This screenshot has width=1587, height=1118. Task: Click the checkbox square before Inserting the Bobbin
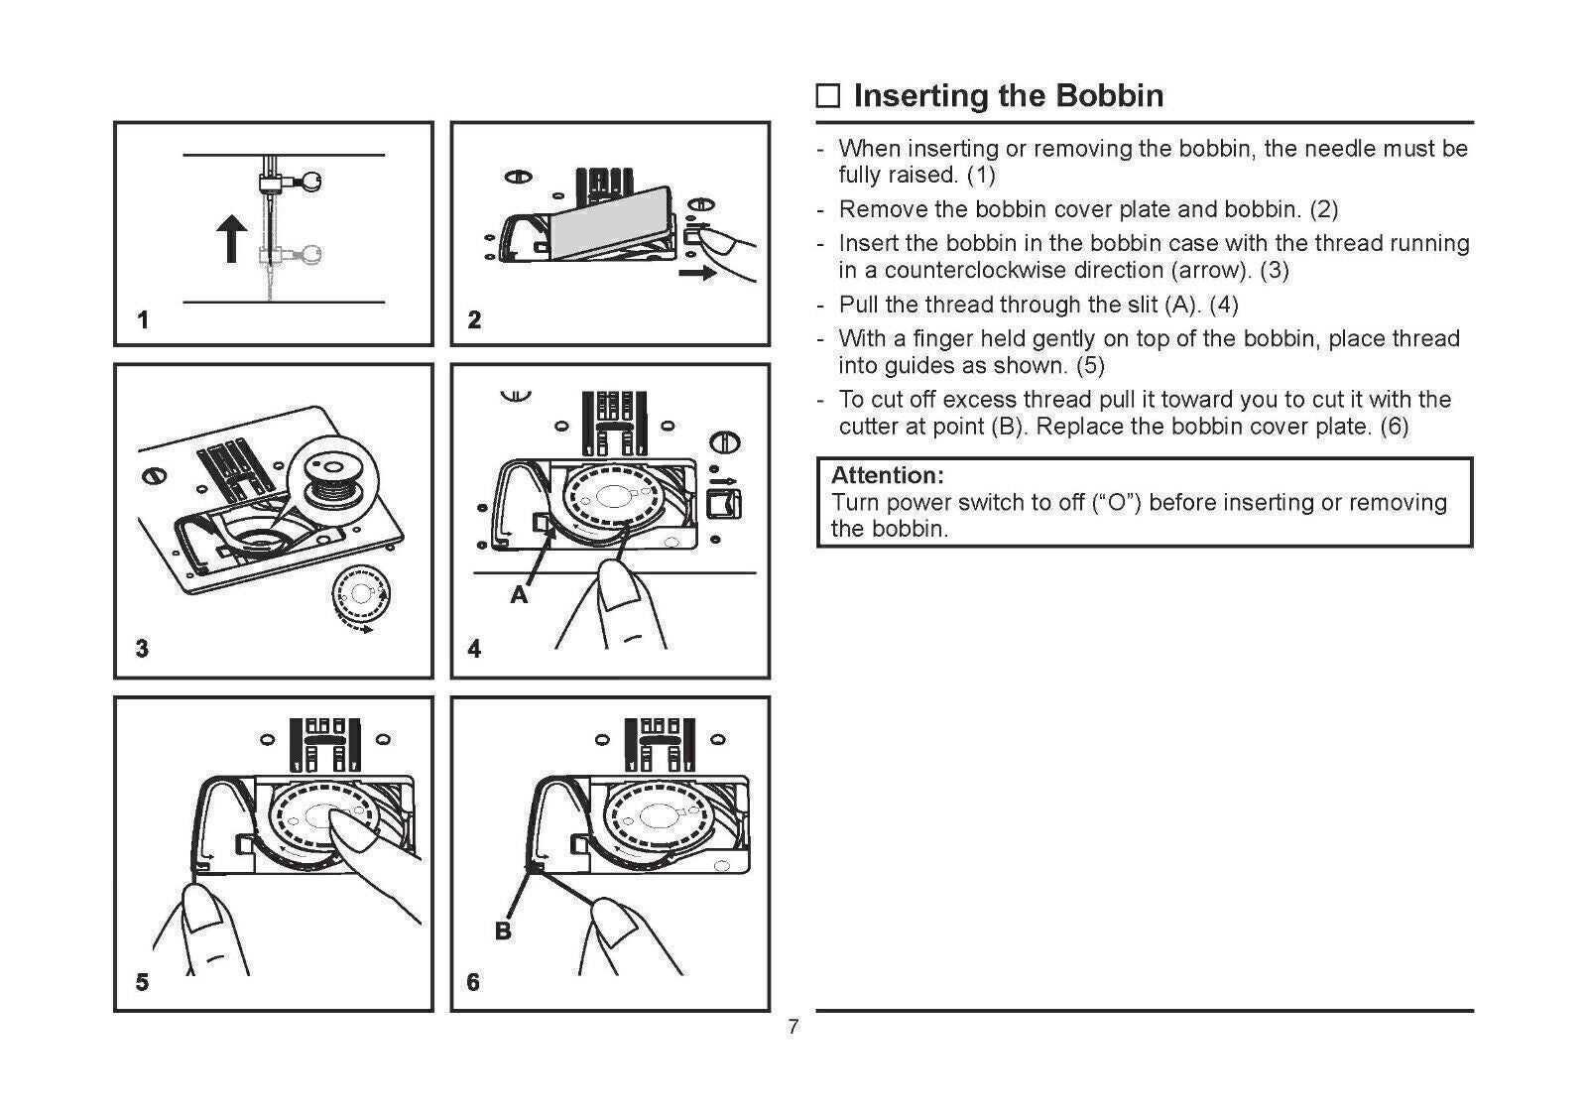tap(828, 96)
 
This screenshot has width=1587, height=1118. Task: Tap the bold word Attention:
tap(887, 475)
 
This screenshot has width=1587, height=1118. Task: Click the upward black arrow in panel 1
tap(232, 240)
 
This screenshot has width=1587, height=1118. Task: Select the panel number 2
tap(474, 319)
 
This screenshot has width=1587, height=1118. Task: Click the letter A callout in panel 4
tap(519, 595)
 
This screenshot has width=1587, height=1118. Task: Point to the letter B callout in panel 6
tap(503, 932)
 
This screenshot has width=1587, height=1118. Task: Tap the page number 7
tap(793, 1028)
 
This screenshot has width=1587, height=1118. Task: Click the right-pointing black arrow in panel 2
tap(697, 272)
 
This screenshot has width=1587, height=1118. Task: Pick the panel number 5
tap(143, 982)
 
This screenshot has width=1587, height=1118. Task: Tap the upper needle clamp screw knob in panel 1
tap(312, 181)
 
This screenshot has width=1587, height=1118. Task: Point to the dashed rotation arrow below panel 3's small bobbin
tap(356, 625)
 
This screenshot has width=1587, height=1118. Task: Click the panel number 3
tap(143, 649)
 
